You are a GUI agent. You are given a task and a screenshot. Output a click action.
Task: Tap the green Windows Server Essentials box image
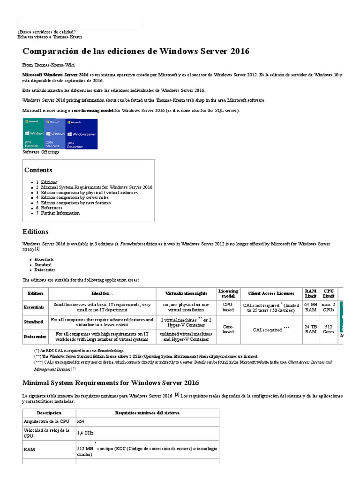33,134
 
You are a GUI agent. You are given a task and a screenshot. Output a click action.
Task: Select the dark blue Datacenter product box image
82,134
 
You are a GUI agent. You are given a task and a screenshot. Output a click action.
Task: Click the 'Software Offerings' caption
41,152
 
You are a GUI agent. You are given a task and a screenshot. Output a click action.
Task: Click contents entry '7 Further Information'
58,213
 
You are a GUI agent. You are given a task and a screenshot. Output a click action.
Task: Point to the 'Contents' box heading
38,170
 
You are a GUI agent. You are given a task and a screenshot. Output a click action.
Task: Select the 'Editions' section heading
36,232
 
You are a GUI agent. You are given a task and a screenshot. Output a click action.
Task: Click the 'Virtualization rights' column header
186,293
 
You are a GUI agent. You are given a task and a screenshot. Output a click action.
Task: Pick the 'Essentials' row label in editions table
34,307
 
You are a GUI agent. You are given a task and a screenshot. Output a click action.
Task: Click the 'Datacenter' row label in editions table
34,337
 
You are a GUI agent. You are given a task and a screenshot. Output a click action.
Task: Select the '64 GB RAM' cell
310,307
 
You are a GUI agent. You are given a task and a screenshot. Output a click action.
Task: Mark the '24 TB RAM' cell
310,329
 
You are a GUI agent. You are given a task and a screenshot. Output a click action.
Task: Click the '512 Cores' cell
329,329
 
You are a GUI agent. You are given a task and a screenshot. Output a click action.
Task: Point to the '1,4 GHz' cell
85,433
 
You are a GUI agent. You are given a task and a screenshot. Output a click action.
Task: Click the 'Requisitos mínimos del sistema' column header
147,412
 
